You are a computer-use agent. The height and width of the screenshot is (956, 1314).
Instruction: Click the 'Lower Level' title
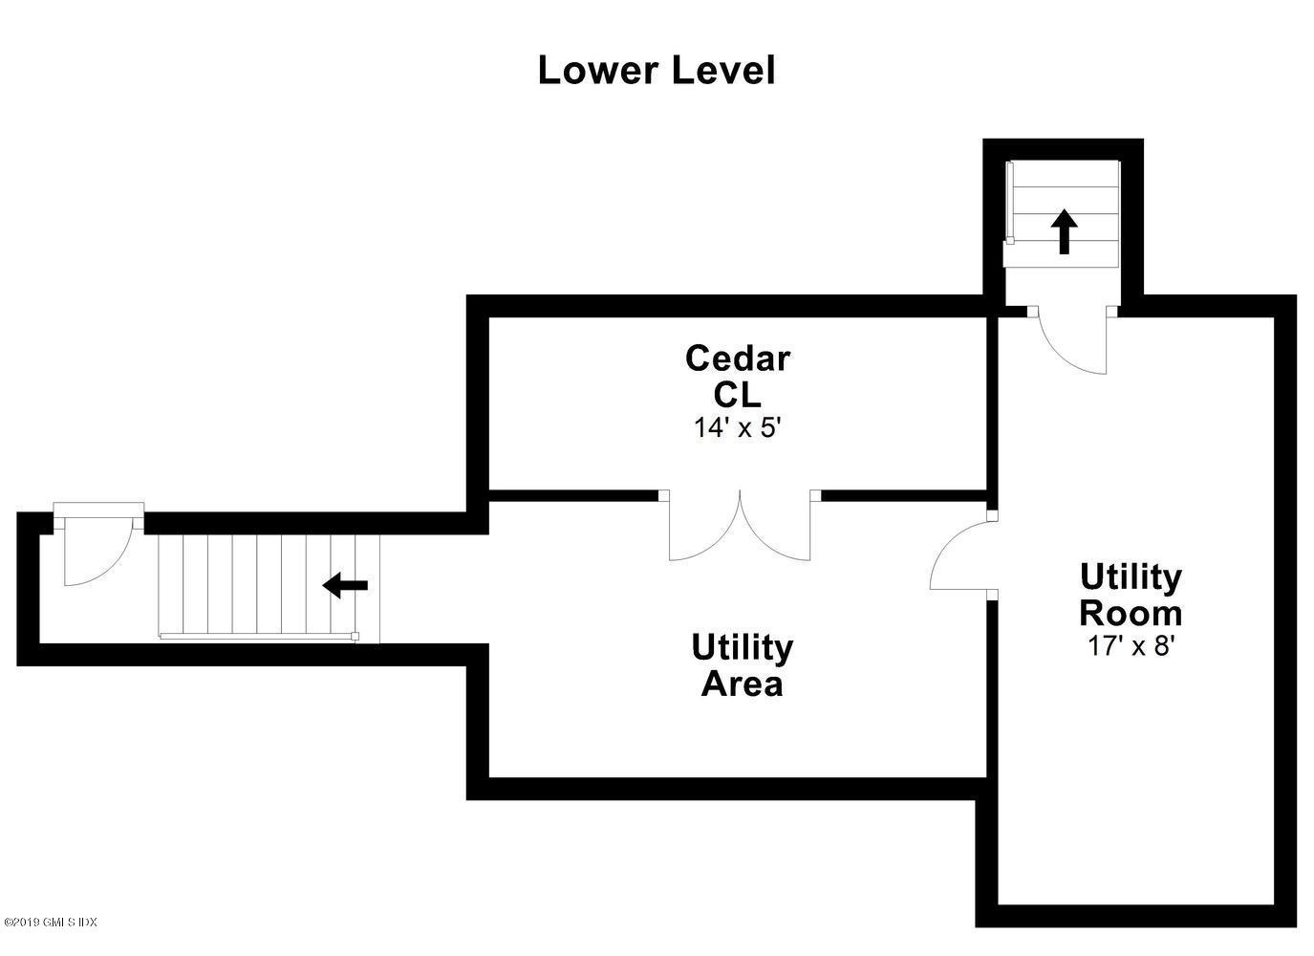pyautogui.click(x=657, y=71)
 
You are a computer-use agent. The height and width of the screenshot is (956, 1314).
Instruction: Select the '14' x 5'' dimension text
pyautogui.click(x=738, y=428)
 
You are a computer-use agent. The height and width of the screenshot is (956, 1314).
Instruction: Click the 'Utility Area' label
pyautogui.click(x=743, y=665)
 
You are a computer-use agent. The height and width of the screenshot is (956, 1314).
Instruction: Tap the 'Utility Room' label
pyautogui.click(x=1131, y=595)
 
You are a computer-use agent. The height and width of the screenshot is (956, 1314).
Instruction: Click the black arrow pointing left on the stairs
pyautogui.click(x=345, y=585)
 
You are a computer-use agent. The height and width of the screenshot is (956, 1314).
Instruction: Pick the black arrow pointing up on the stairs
pyautogui.click(x=1064, y=231)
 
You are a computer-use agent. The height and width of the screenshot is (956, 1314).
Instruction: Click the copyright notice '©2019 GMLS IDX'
pyautogui.click(x=49, y=939)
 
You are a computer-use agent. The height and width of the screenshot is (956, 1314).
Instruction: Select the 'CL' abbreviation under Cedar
pyautogui.click(x=738, y=395)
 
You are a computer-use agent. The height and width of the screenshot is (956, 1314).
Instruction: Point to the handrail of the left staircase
pyautogui.click(x=259, y=636)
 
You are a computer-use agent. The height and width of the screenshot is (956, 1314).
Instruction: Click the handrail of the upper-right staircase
pyautogui.click(x=1010, y=203)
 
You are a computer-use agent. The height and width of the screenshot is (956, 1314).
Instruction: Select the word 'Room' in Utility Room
pyautogui.click(x=1131, y=614)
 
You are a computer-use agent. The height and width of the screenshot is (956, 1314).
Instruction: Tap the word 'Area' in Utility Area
pyautogui.click(x=743, y=684)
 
